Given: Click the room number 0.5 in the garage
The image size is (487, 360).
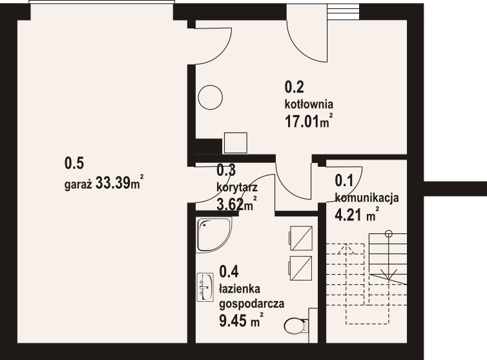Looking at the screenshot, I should pyautogui.click(x=74, y=163).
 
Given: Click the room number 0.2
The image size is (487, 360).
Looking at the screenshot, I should pyautogui.click(x=295, y=86).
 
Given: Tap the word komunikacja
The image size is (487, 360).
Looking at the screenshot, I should pyautogui.click(x=367, y=198).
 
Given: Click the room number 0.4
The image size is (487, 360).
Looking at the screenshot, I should pyautogui.click(x=229, y=271).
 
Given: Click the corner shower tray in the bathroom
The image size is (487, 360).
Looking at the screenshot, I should pyautogui.click(x=212, y=235).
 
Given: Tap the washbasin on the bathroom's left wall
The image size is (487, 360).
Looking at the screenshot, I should pyautogui.click(x=205, y=287).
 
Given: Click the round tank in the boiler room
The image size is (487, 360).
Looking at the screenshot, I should pyautogui.click(x=210, y=98).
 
